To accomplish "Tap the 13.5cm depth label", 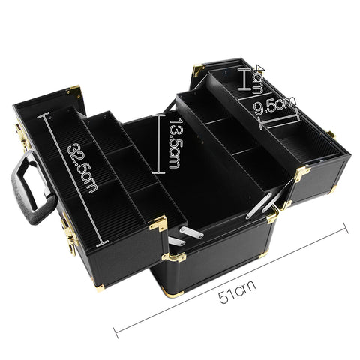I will coord(173,142).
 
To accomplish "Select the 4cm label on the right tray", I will coord(257,76).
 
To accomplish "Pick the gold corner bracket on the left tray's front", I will coord(159,224).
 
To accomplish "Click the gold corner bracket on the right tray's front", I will coord(301,175).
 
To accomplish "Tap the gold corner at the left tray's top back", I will coord(73,90).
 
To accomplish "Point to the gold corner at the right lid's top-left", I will coord(198,70).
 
